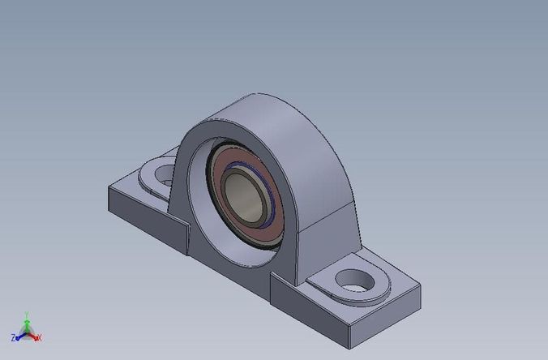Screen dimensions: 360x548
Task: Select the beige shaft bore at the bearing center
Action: (x=244, y=198)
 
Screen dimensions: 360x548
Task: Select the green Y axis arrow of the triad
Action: (x=27, y=317)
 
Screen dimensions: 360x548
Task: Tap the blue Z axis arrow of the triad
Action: (x=19, y=334)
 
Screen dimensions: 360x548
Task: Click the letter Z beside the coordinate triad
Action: (x=13, y=336)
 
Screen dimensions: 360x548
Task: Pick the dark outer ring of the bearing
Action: (x=212, y=186)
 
